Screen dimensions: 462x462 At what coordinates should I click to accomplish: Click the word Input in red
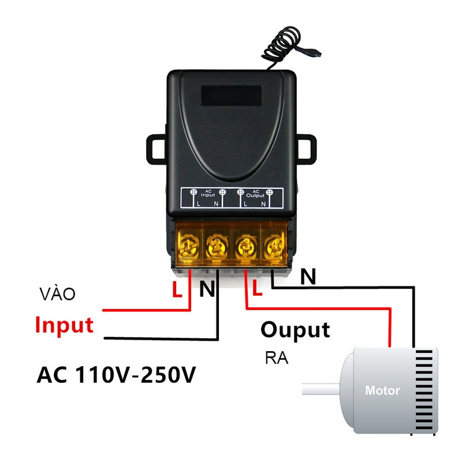pyautogui.click(x=64, y=325)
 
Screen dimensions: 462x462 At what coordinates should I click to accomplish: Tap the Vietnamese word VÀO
pyautogui.click(x=58, y=294)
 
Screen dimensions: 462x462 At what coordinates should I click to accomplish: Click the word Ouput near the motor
pyautogui.click(x=295, y=330)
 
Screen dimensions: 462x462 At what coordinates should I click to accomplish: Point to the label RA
pyautogui.click(x=277, y=358)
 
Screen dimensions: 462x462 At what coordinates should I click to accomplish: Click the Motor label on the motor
pyautogui.click(x=382, y=390)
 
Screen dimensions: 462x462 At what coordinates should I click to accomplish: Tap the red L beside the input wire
pyautogui.click(x=178, y=289)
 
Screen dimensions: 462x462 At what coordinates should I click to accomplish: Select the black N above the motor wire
pyautogui.click(x=308, y=278)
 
